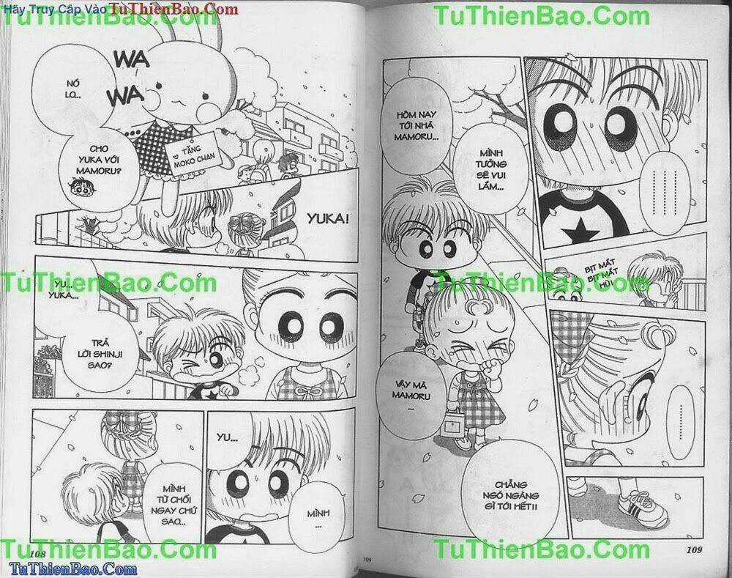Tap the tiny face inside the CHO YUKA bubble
74,192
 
